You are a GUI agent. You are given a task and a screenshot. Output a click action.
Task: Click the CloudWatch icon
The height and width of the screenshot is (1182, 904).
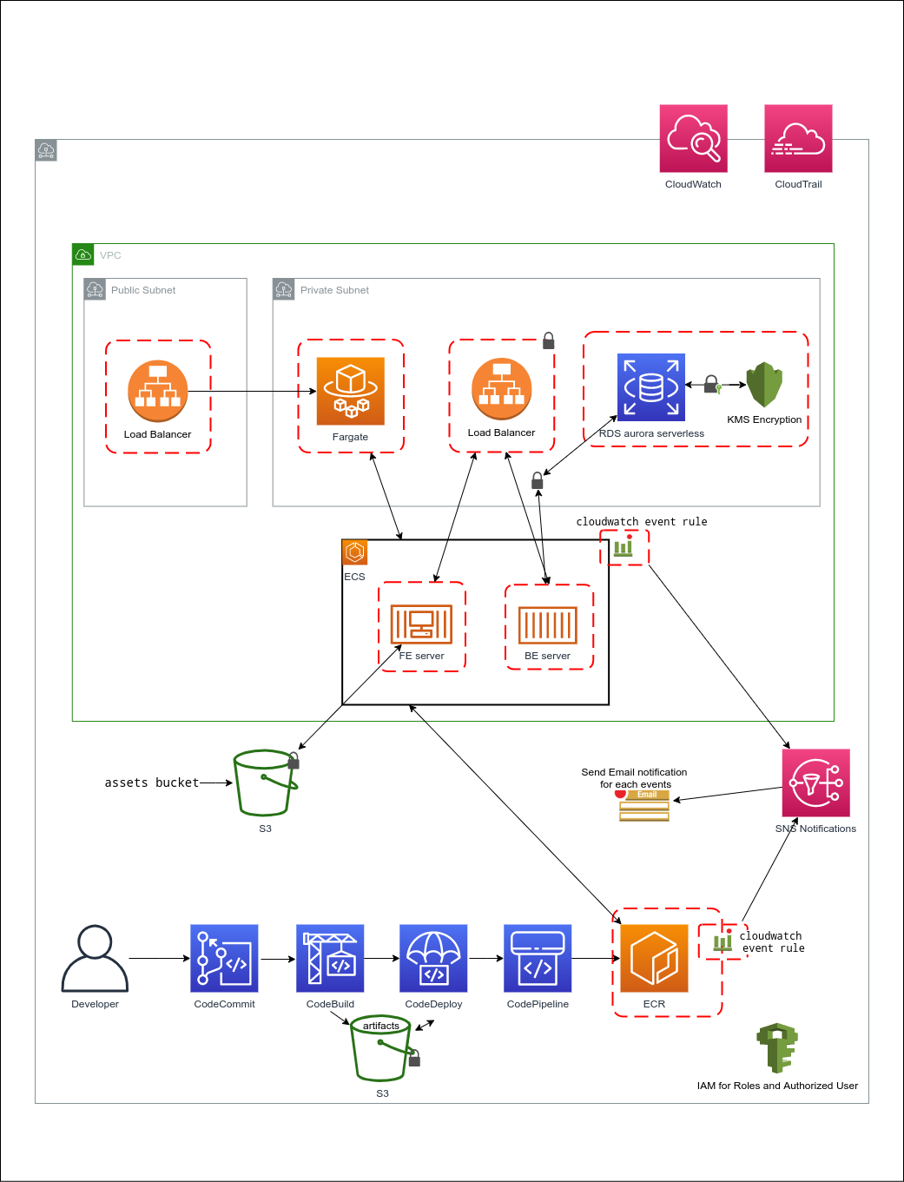693,139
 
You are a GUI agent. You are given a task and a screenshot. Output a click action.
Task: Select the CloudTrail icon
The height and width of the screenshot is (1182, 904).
798,139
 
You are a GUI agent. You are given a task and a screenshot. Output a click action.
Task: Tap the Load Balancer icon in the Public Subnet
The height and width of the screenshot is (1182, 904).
157,391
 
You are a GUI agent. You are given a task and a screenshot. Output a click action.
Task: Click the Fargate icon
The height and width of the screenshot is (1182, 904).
351,391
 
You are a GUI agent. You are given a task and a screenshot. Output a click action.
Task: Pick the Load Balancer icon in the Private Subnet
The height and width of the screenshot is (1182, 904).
502,389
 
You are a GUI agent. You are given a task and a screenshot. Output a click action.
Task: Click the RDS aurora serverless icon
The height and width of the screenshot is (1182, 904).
651,387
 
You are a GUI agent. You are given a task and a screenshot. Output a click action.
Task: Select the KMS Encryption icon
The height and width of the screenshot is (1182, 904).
764,385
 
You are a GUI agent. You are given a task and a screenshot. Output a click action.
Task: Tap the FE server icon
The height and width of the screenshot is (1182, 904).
421,624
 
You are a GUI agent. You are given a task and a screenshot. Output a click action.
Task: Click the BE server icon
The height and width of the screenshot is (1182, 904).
548,624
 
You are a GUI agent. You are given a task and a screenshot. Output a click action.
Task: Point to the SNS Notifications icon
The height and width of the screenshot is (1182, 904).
815,782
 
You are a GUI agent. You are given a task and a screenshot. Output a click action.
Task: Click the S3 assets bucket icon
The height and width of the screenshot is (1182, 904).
265,782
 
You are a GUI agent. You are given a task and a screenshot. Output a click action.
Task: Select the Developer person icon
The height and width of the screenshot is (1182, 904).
95,959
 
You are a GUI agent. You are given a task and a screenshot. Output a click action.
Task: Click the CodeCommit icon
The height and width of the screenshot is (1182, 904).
224,958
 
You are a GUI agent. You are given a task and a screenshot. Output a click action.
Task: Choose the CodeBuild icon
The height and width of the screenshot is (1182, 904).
330,958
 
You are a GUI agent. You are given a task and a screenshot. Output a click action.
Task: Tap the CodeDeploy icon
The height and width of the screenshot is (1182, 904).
433,958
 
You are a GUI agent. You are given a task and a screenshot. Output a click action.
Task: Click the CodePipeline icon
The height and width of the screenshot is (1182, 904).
538,958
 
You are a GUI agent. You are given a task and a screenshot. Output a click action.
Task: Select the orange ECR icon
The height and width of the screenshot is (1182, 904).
654,958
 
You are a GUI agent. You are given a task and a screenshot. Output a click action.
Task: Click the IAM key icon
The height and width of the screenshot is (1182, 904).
777,1048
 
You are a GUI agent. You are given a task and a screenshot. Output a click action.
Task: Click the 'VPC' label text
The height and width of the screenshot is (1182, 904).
110,255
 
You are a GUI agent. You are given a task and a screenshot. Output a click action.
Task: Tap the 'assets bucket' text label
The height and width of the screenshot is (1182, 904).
152,782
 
